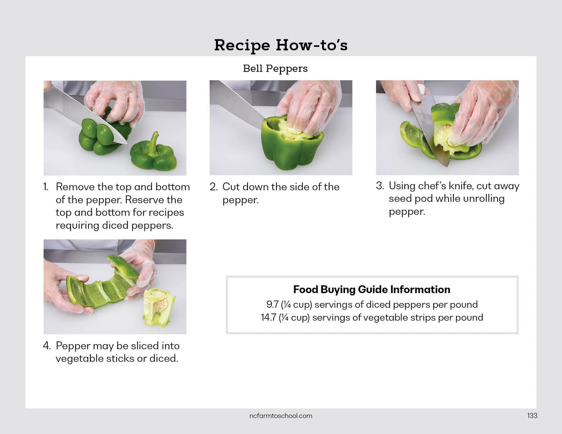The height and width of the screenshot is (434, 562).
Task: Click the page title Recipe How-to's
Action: click(x=281, y=45)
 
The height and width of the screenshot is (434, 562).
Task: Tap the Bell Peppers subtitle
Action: click(x=275, y=69)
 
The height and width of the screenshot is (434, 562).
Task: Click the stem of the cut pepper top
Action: click(x=154, y=143)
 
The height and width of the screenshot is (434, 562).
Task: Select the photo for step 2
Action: click(x=281, y=128)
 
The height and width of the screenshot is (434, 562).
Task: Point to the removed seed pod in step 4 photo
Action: click(x=159, y=307)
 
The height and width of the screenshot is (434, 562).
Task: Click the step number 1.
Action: click(x=46, y=187)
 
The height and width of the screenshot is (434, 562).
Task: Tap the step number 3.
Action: click(x=380, y=186)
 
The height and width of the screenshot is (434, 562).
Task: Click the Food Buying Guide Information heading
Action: click(x=372, y=289)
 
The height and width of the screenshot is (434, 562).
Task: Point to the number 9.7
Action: click(x=272, y=304)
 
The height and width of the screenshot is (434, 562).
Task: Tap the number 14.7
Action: click(x=269, y=318)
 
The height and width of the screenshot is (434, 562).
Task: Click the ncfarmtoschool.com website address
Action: click(x=281, y=416)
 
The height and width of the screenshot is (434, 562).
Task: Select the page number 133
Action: click(x=532, y=416)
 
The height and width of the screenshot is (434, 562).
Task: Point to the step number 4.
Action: click(x=47, y=346)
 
